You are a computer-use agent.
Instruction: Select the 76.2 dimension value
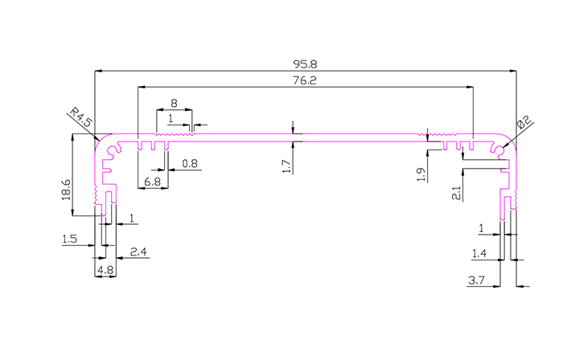(304, 80)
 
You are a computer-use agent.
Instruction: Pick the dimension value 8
(175, 103)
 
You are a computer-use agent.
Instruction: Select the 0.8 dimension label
(190, 164)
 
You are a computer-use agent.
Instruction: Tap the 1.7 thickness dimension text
(285, 166)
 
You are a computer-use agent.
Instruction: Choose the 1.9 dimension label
(420, 175)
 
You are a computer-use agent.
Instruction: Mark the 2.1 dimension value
(456, 193)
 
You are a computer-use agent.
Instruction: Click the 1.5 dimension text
(69, 239)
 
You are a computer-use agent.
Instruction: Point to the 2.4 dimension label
(138, 252)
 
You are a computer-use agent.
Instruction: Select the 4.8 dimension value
(105, 270)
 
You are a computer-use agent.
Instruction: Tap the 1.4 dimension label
(480, 254)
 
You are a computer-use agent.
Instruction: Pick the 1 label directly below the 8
(170, 118)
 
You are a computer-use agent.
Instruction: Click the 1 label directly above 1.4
(482, 229)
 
